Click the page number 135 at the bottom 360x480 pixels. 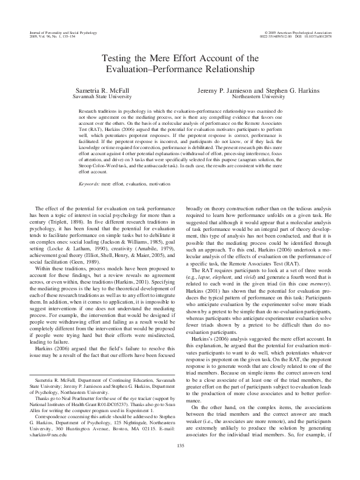[180, 463]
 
